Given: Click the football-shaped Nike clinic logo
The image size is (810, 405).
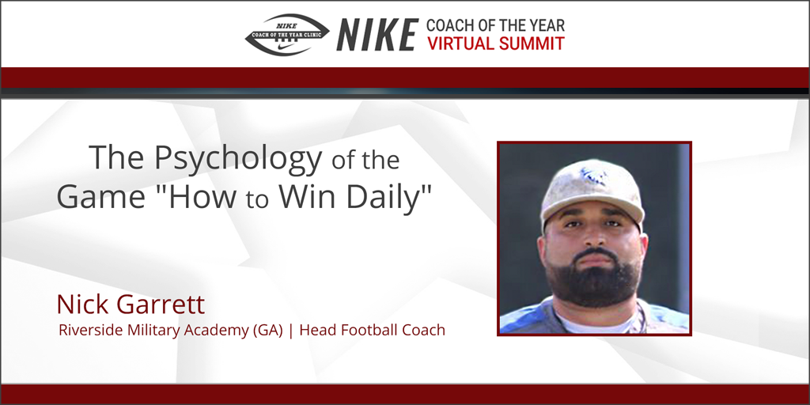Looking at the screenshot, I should pos(286,35).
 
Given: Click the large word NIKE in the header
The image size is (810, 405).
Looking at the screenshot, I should pos(377,35).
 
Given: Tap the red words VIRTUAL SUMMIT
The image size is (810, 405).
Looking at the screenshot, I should pos(496,44).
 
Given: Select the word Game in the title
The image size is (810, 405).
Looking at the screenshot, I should pos(97,197).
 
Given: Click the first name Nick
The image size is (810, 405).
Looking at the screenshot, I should pos(83,304).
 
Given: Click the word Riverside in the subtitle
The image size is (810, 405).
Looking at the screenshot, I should pos(87,330).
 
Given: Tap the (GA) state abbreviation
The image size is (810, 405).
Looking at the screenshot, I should pos(268,330).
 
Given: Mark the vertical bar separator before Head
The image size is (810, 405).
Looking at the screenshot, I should pos(290,330).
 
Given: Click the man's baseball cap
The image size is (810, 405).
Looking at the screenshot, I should pos(591,190).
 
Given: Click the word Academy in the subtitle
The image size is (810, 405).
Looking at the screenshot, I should pos(211,330).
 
